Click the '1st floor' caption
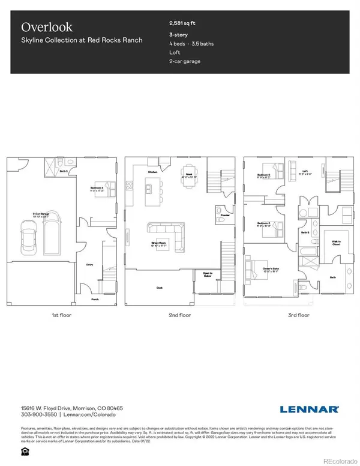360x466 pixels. (x=62, y=315)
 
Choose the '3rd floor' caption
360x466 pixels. (x=298, y=315)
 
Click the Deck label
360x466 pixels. (x=160, y=288)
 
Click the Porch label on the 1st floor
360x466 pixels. (x=95, y=298)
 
